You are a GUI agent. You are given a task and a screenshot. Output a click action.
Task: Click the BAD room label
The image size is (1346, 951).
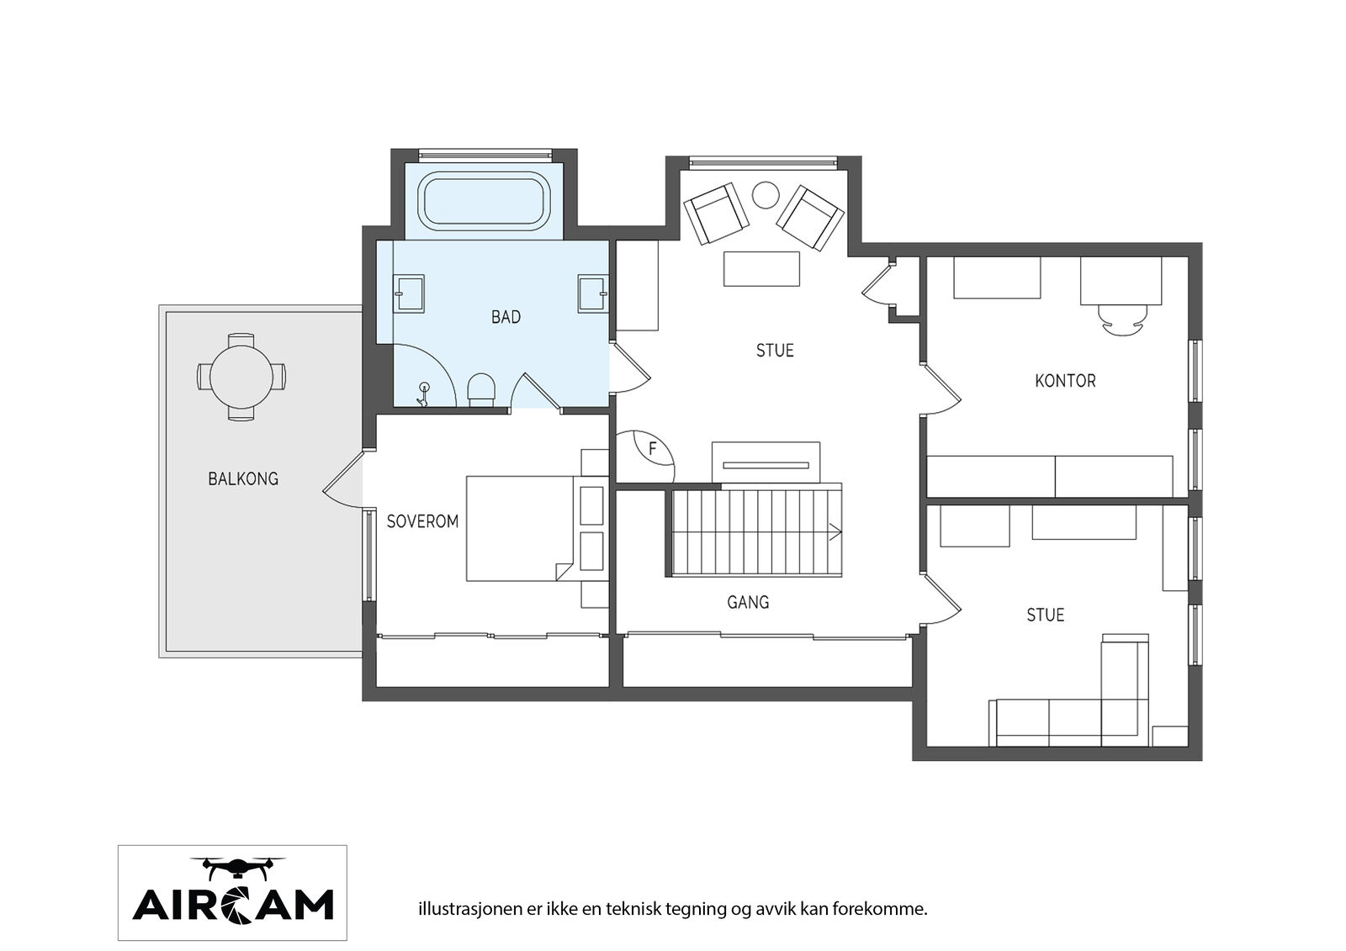tap(506, 317)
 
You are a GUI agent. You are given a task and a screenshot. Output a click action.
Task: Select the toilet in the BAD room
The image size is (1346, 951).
tap(481, 389)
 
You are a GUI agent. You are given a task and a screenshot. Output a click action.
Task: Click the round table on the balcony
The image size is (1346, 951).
tap(241, 378)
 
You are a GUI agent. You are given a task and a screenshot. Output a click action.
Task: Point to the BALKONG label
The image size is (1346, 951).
tap(243, 478)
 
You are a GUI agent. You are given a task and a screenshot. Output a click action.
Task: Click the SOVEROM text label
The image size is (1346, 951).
tap(422, 521)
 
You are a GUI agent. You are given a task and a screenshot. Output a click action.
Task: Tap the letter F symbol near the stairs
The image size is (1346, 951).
tap(653, 449)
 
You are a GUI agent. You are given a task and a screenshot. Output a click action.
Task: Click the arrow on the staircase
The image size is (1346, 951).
tap(835, 531)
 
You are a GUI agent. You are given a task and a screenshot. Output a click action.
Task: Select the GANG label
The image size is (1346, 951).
tap(748, 602)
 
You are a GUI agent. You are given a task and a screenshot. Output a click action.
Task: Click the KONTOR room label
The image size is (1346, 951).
tap(1065, 381)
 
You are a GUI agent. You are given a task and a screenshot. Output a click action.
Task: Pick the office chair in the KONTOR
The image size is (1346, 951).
tap(1122, 320)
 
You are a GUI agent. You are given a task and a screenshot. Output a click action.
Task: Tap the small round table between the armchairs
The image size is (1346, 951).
tap(766, 194)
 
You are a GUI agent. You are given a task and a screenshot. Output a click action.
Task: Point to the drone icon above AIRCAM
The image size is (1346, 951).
tap(238, 867)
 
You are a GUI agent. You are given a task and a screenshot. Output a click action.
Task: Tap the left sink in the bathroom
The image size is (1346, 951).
tap(409, 293)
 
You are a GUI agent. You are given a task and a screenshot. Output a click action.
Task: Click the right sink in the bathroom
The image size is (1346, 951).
tap(594, 293)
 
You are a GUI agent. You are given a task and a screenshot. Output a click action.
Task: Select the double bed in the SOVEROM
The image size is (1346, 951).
tap(521, 529)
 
